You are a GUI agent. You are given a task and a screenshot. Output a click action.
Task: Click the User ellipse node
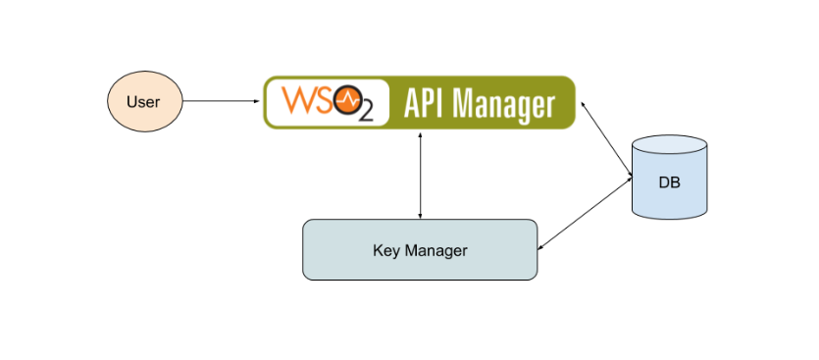pos(143,101)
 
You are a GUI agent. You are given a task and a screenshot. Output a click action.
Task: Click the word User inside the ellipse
pos(143,102)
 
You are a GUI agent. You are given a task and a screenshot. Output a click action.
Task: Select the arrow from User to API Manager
pos(221,101)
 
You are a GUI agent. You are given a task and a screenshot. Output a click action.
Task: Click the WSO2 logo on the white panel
pos(325,102)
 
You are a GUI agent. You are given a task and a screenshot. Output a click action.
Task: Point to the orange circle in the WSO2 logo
pos(346,99)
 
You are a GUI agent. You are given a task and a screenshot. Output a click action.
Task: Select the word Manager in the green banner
pos(508,103)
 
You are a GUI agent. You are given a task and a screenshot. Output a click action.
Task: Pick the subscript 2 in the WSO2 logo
pos(365,113)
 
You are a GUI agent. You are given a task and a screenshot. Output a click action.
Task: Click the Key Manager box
pos(420,250)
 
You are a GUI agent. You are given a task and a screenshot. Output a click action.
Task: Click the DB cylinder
pos(670,178)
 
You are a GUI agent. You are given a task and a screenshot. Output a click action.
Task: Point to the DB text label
pos(670,183)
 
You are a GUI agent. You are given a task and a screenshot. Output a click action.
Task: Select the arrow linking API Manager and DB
pos(606,140)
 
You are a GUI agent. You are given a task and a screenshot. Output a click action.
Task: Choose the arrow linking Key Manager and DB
pos(586,214)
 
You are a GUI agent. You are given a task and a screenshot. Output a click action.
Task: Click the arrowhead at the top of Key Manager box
pos(420,215)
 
